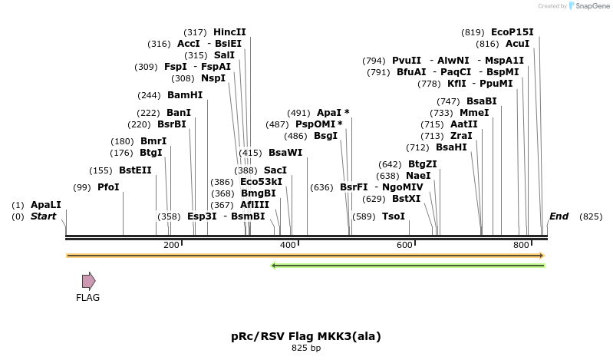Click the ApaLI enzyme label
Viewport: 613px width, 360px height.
[45, 205]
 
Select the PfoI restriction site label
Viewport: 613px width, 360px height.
[108, 187]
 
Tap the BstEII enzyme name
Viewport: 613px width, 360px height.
[135, 170]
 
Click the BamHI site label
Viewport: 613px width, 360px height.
[185, 95]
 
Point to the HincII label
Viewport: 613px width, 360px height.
[229, 32]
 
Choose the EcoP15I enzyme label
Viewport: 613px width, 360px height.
[512, 32]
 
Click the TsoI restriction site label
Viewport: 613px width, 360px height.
[394, 216]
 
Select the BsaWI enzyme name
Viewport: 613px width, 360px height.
[285, 153]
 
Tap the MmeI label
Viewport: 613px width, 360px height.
[474, 113]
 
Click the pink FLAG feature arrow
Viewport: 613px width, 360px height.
[89, 281]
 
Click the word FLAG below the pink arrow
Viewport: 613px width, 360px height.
[87, 298]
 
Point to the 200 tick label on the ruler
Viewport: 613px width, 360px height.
[171, 245]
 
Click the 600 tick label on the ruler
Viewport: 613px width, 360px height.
[404, 245]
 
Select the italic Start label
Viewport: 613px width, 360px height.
[44, 216]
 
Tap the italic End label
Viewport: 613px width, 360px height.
[559, 216]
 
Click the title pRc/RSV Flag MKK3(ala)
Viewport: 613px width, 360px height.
[306, 336]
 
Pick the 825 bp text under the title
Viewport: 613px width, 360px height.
[306, 348]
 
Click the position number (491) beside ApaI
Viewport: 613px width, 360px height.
[299, 113]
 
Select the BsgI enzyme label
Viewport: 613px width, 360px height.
[326, 136]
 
